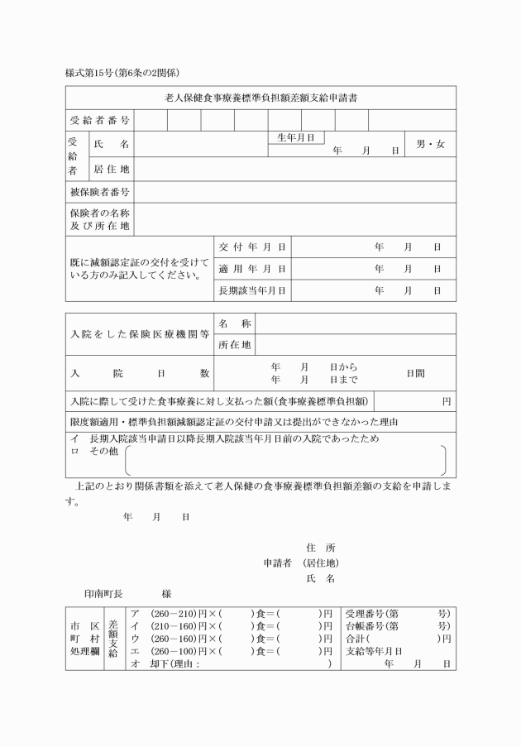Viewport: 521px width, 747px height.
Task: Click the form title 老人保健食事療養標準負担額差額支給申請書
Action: coord(261,98)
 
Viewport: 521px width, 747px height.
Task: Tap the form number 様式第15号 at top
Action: coord(98,74)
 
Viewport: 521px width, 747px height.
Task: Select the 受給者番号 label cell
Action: coord(99,121)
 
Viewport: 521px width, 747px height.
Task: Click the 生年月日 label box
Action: coord(295,138)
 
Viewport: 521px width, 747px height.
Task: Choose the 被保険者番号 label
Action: coord(99,193)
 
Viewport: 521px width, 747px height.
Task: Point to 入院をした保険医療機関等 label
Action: coord(140,334)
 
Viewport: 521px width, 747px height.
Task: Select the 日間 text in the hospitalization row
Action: coord(415,374)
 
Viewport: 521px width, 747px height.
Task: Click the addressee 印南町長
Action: coord(103,594)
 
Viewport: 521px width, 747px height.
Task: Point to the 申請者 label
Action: coord(279,563)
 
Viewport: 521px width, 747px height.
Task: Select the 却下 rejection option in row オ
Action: coord(158,664)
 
